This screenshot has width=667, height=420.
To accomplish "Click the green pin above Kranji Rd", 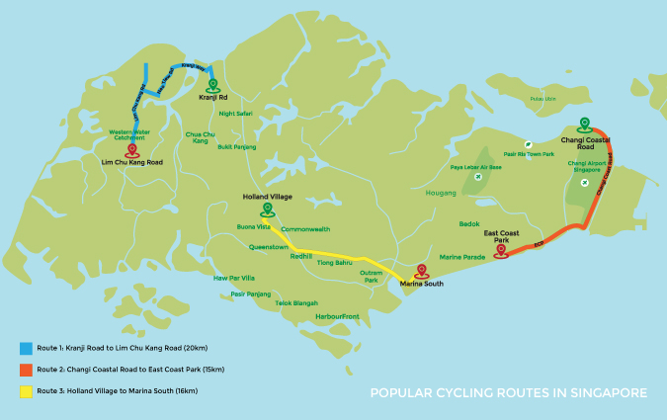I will click(x=211, y=85).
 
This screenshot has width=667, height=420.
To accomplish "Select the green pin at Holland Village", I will click(x=264, y=209).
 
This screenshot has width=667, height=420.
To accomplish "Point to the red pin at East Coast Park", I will click(x=501, y=250).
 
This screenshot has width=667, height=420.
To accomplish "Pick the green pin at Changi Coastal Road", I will click(x=584, y=125).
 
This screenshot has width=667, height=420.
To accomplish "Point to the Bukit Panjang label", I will click(x=237, y=146).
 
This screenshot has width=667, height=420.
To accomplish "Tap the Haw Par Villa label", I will click(x=234, y=278).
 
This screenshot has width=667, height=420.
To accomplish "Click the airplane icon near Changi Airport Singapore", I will click(x=585, y=182).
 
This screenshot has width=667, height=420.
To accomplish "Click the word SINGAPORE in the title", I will click(x=609, y=393).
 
